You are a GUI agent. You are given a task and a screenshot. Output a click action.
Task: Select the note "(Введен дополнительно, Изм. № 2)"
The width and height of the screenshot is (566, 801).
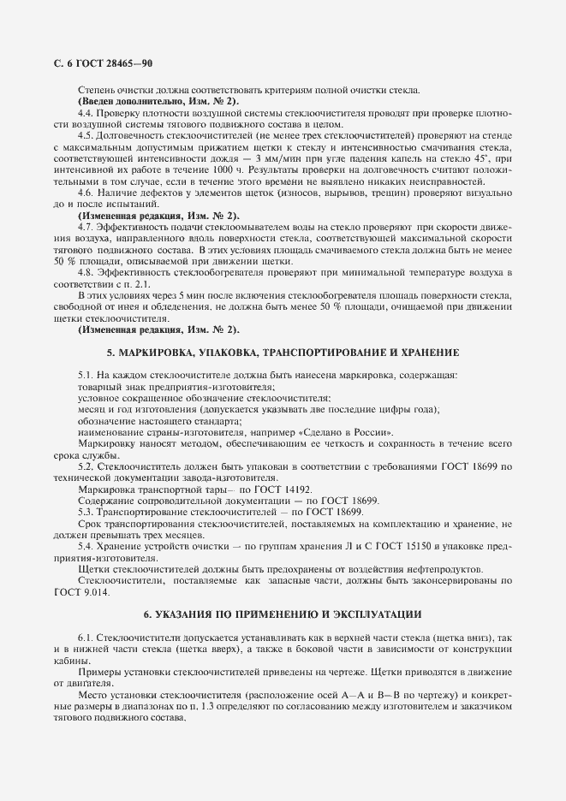[x=146, y=102]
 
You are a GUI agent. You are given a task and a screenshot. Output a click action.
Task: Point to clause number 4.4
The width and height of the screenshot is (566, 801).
[x=85, y=113]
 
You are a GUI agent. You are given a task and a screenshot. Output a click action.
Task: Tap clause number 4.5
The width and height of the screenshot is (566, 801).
[x=85, y=135]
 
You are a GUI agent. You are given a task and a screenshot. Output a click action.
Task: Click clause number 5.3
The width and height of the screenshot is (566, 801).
[x=85, y=511]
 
